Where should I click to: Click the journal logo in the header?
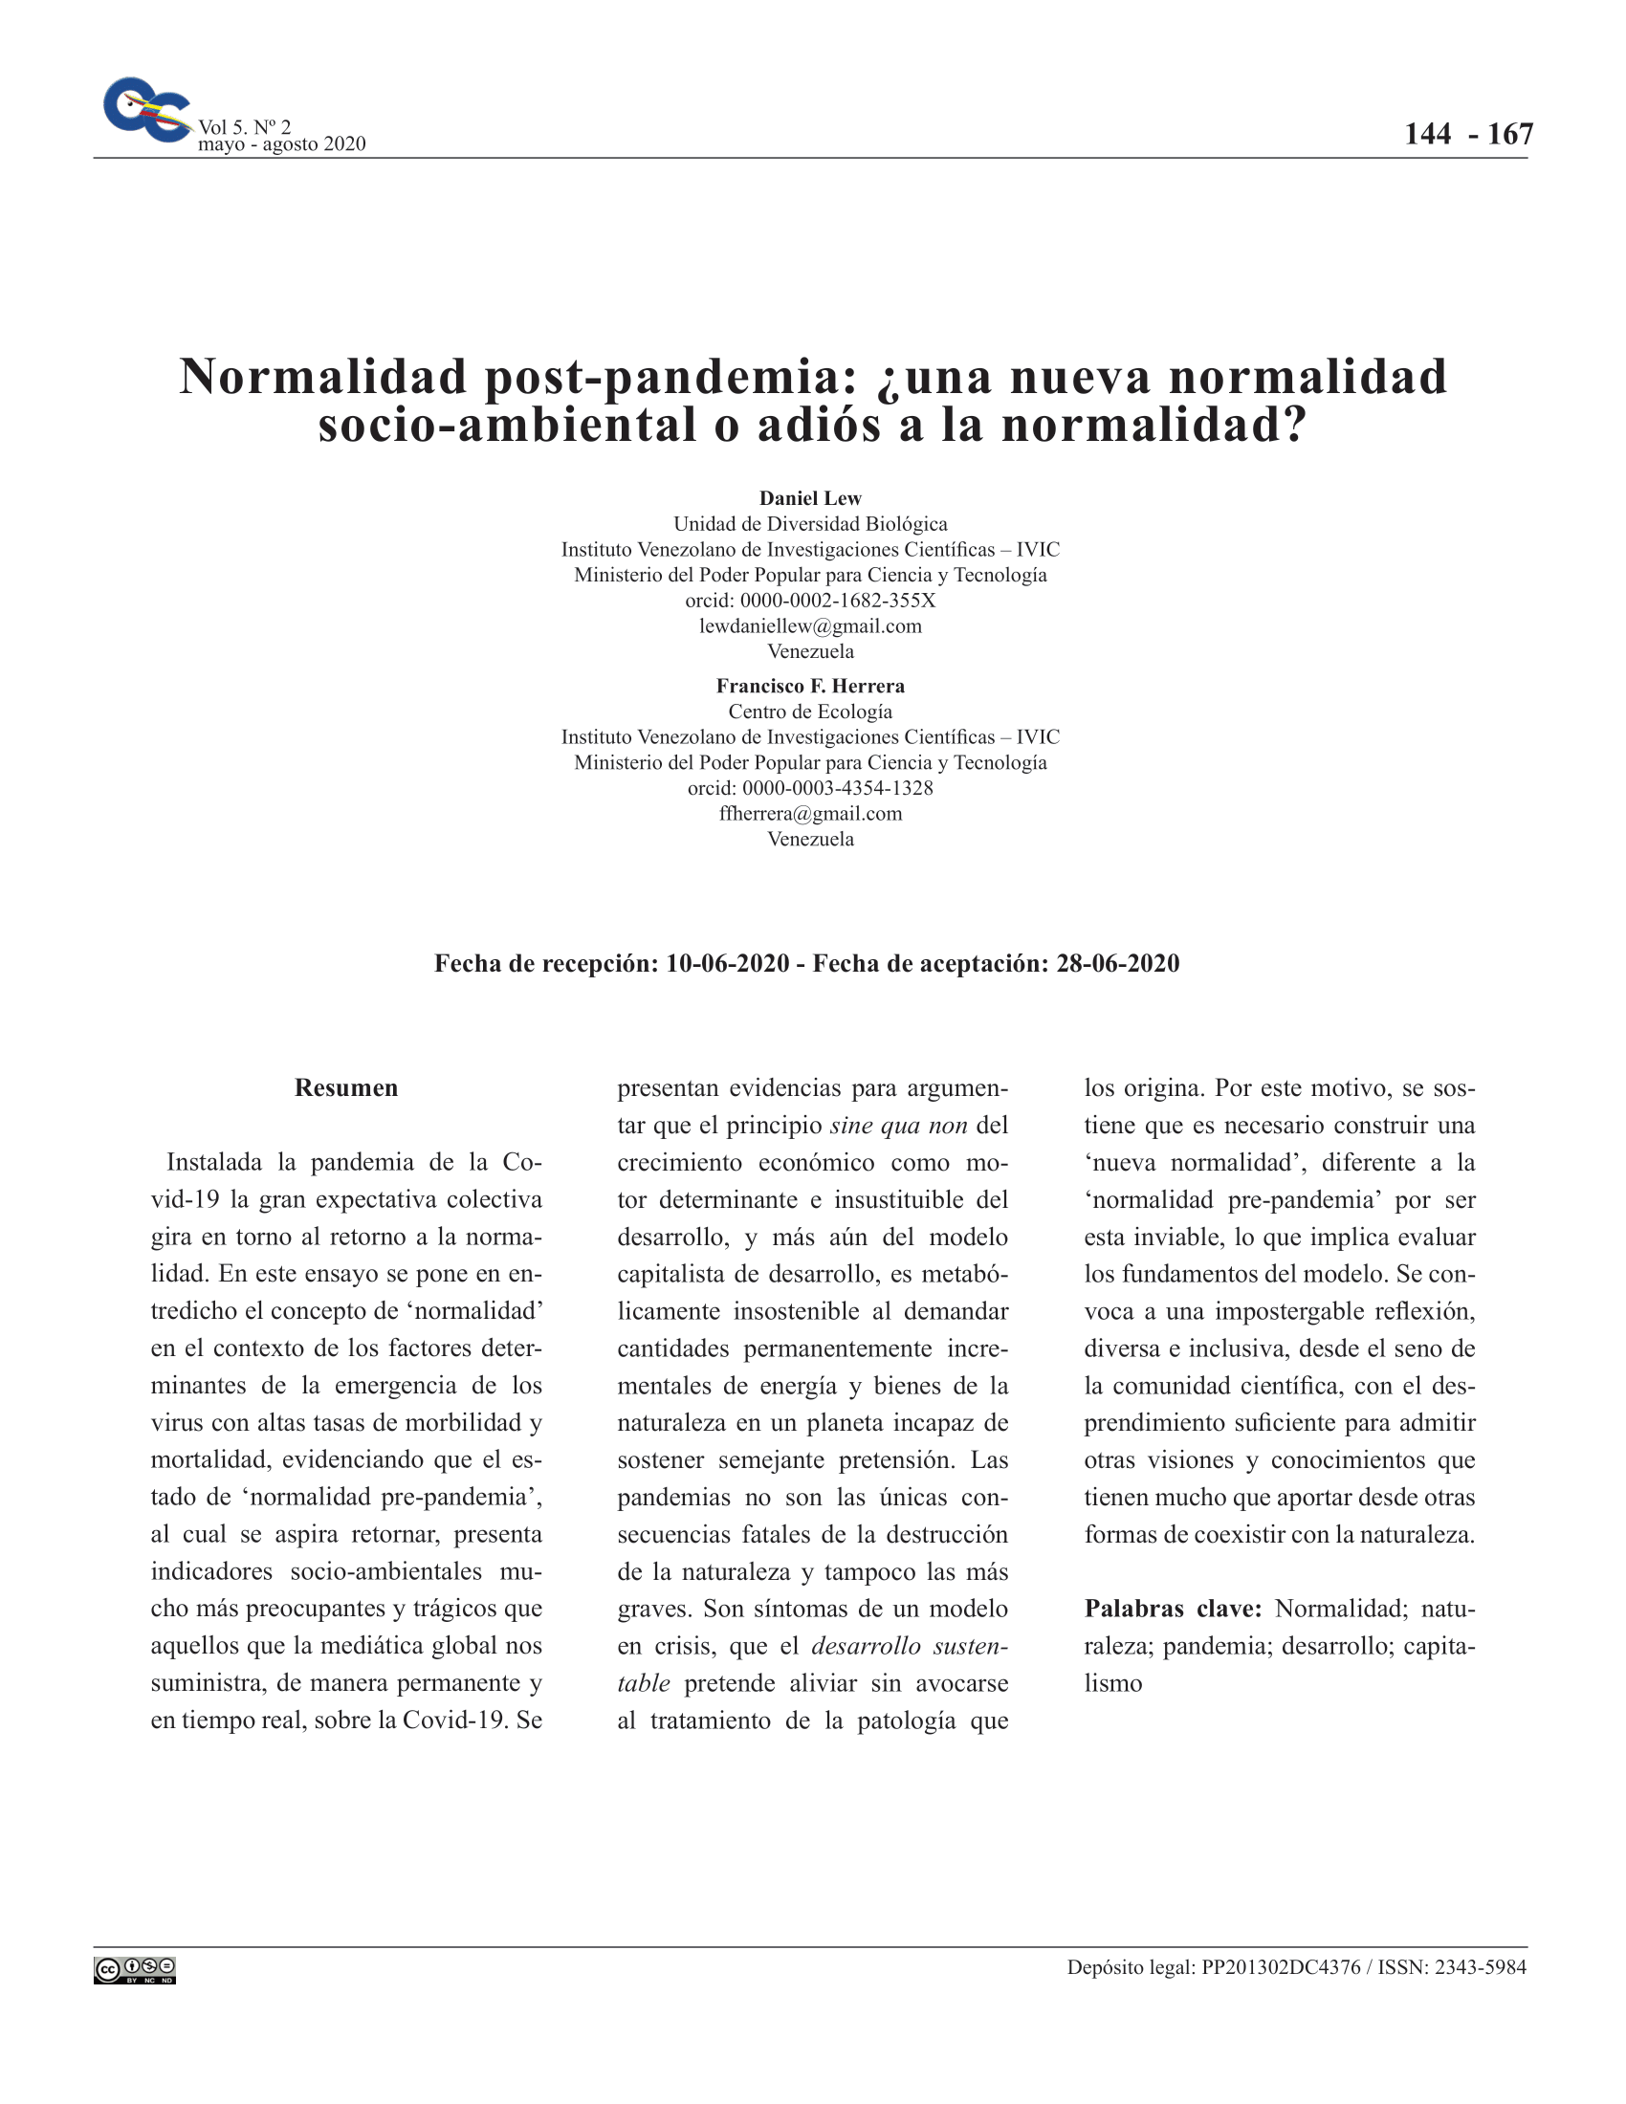click(x=146, y=110)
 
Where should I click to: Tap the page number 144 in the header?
click(x=1427, y=134)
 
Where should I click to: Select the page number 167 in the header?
click(x=1509, y=134)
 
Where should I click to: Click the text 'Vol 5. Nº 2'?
click(x=245, y=126)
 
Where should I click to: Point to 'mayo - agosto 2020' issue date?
click(x=281, y=144)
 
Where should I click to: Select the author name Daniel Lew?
click(x=810, y=498)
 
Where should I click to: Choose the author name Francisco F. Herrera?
click(x=810, y=686)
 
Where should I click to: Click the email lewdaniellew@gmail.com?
click(x=810, y=626)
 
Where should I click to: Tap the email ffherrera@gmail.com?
click(x=810, y=813)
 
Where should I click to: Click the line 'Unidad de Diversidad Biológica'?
click(x=810, y=524)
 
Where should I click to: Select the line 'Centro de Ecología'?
click(x=810, y=712)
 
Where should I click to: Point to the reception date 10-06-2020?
click(x=727, y=963)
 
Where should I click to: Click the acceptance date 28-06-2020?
click(x=1117, y=963)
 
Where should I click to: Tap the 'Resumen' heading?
click(x=346, y=1087)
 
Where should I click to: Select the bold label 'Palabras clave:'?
click(x=1173, y=1609)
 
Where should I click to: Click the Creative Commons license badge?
click(x=135, y=1971)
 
